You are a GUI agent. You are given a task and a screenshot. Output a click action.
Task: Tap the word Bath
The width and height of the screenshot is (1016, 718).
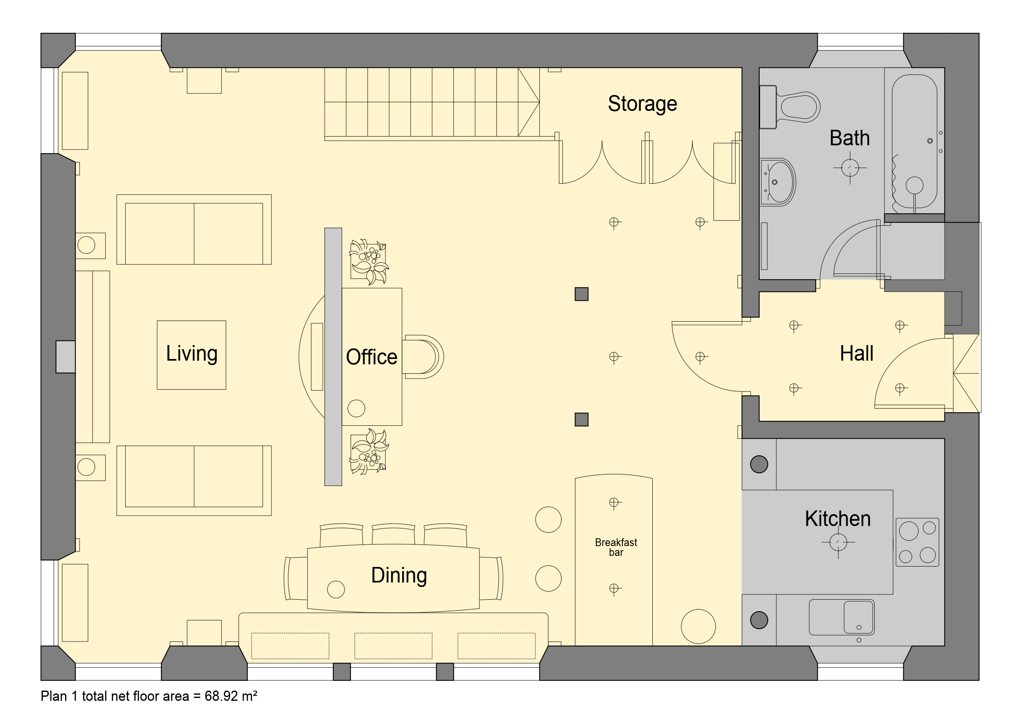click(850, 138)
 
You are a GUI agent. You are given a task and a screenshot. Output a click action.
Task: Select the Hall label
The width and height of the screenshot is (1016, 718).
click(857, 353)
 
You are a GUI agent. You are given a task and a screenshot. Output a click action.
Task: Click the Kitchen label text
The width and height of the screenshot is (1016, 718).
click(838, 519)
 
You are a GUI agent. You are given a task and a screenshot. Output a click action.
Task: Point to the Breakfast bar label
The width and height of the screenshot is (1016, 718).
click(616, 547)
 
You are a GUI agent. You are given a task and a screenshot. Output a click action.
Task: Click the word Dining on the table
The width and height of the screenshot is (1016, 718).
click(399, 576)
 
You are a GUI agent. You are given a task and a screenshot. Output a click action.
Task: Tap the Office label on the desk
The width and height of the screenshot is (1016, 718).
click(372, 357)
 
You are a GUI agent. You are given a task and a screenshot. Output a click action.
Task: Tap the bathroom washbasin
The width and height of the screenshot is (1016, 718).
click(778, 182)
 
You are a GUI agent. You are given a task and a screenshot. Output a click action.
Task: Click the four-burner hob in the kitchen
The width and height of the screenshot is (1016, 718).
click(917, 542)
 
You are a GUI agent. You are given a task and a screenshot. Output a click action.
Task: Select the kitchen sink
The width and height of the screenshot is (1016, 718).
click(842, 617)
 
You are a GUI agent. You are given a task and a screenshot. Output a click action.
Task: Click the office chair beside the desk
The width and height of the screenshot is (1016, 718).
click(423, 357)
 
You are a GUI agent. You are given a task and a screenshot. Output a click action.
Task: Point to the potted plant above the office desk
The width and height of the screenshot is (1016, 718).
click(369, 262)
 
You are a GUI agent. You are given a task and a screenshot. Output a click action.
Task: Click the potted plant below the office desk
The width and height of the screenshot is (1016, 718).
click(369, 452)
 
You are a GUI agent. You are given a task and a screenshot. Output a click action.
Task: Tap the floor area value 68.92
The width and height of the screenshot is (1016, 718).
click(221, 696)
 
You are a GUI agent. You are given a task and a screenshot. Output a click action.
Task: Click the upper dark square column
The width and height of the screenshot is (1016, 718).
click(582, 294)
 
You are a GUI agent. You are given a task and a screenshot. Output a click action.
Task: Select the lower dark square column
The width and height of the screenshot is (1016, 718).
click(582, 420)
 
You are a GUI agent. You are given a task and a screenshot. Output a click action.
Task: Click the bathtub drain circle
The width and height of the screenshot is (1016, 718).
click(914, 185)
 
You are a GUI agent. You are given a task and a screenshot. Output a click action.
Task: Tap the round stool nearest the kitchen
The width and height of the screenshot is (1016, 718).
click(698, 626)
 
